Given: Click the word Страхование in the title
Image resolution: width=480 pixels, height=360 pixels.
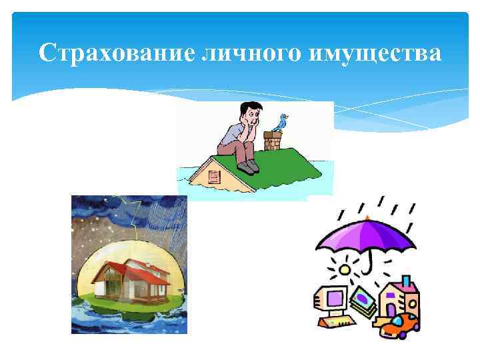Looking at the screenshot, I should click(116, 53).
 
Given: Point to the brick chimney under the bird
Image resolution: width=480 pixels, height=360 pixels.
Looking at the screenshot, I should click(273, 142).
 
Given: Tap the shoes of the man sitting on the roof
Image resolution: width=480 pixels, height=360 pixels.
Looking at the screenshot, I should click(249, 165).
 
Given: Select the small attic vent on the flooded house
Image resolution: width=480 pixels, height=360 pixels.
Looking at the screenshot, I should click(213, 177).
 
